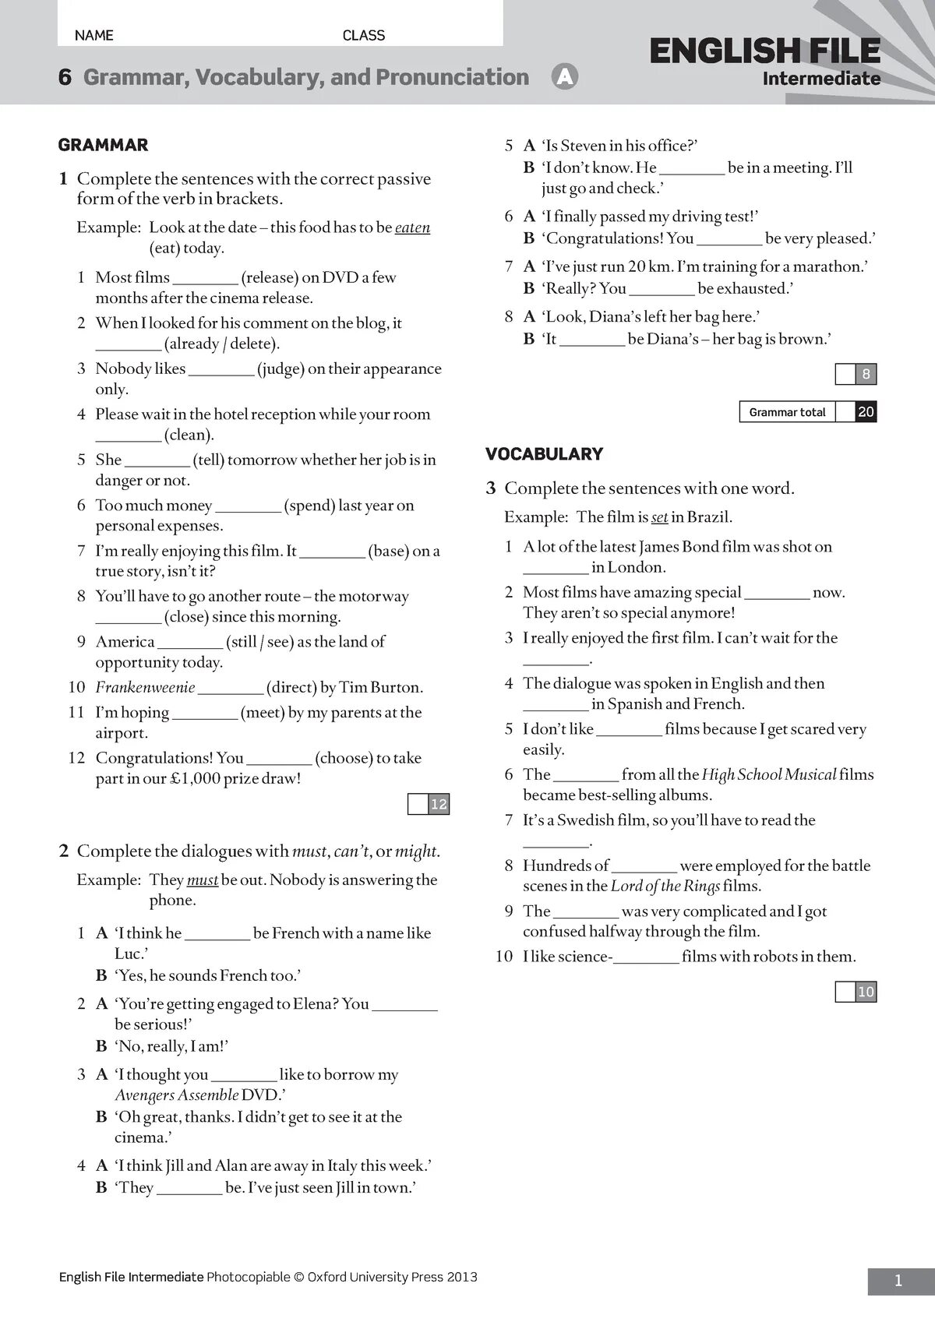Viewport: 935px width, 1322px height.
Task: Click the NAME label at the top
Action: [x=93, y=35]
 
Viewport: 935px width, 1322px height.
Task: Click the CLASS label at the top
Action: [x=364, y=35]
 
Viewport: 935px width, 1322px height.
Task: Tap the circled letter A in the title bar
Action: [x=564, y=77]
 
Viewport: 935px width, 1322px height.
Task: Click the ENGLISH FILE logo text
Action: [x=764, y=51]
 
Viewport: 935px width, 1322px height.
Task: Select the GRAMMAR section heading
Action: [x=103, y=145]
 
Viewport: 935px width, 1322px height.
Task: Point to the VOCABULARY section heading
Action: [x=544, y=454]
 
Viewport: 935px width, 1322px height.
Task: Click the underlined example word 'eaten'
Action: [x=412, y=227]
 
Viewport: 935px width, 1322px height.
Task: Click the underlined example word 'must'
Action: [x=203, y=880]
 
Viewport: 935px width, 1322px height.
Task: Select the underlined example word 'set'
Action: [x=660, y=517]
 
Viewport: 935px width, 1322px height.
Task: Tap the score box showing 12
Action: [x=439, y=804]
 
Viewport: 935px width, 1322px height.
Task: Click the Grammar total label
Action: [x=787, y=412]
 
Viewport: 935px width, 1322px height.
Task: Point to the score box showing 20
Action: [x=866, y=412]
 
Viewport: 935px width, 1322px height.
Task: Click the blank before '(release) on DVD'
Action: [x=205, y=279]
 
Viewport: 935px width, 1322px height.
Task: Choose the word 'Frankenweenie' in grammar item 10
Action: [x=145, y=688]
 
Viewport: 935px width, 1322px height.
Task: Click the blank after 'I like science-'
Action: [x=647, y=958]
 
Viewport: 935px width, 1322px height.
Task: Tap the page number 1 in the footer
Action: [x=898, y=1281]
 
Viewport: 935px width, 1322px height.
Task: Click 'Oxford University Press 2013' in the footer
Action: [x=392, y=1277]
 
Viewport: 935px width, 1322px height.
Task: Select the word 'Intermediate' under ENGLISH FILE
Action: [x=821, y=79]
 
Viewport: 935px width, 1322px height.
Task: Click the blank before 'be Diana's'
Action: [x=592, y=340]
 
